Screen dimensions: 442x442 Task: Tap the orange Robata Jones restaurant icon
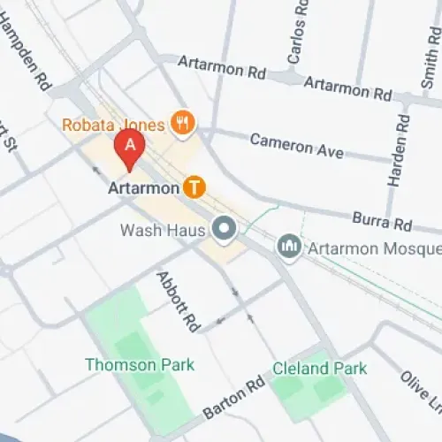(183, 124)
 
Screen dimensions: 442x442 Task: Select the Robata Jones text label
(113, 125)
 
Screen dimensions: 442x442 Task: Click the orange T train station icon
(194, 187)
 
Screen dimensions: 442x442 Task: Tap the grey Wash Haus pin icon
(224, 231)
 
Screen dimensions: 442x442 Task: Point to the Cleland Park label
(319, 368)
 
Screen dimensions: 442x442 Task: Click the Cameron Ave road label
(296, 146)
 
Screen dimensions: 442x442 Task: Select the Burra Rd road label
(382, 219)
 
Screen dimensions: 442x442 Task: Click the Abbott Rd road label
(178, 301)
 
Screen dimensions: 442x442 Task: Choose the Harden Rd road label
(398, 154)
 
